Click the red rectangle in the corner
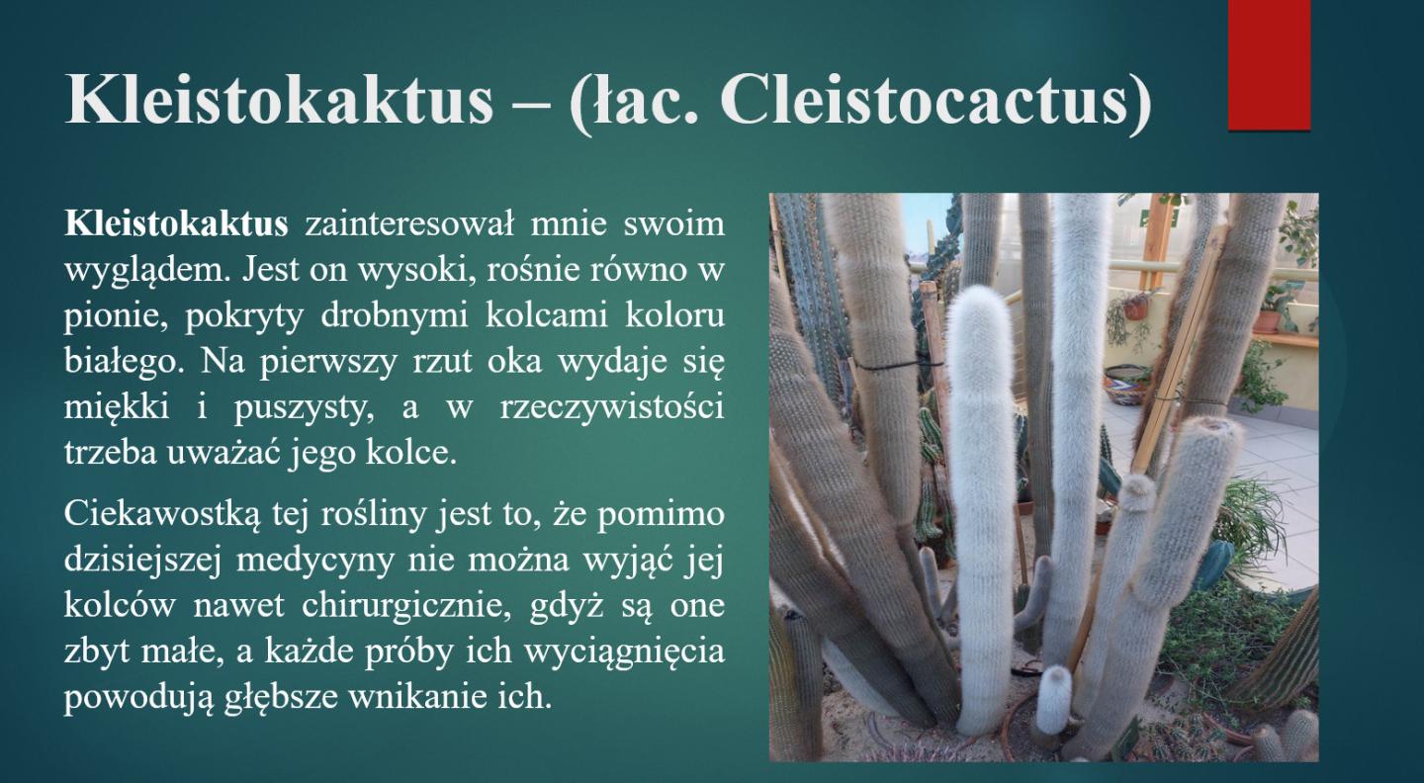click(x=1269, y=65)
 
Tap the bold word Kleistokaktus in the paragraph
click(x=176, y=223)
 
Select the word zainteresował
click(x=409, y=223)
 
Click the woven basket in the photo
click(x=1125, y=384)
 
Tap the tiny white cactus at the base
click(x=1053, y=698)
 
